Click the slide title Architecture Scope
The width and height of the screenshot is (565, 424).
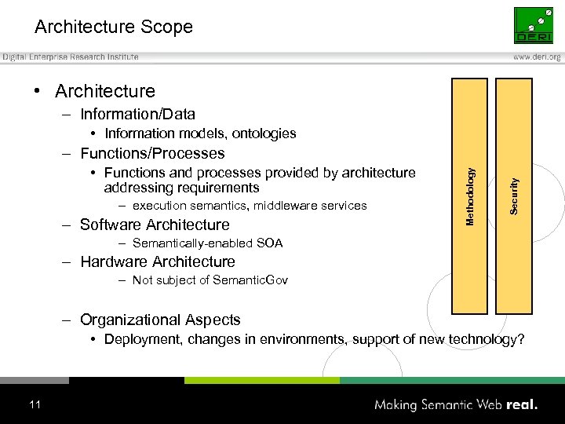[x=114, y=27]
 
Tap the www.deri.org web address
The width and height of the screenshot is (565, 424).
[x=538, y=57]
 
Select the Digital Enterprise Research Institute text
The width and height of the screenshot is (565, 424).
[x=71, y=57]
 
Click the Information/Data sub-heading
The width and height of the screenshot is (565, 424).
[x=137, y=115]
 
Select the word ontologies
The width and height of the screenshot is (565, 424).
[x=263, y=133]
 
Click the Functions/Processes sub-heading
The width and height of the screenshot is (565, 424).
[x=152, y=153]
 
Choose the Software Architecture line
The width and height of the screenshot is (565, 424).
[x=155, y=225]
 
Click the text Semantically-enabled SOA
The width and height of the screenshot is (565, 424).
[x=207, y=243]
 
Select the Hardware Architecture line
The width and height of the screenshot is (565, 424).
[x=157, y=261]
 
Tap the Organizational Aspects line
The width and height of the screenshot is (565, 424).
[x=160, y=320]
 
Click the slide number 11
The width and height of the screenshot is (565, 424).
[x=34, y=404]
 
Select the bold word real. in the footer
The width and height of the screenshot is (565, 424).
[x=521, y=405]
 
